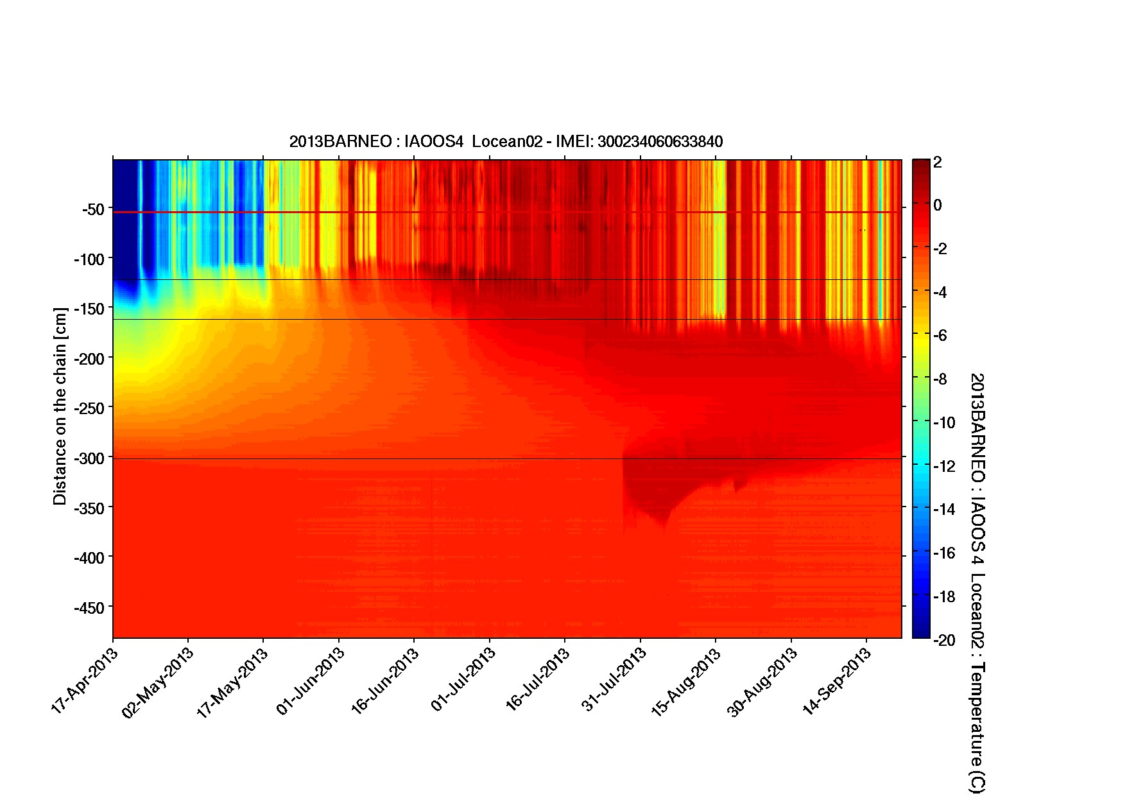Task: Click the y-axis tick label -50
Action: [93, 209]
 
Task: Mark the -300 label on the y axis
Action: [90, 458]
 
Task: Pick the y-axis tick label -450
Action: [90, 608]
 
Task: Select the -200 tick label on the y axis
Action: [90, 359]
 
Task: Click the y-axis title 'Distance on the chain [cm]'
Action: [60, 406]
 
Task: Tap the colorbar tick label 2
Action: [938, 162]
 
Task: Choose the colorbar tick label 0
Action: [938, 205]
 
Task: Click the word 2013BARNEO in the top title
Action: [340, 142]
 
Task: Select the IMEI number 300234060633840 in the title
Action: [660, 142]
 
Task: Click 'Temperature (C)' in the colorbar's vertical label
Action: [977, 728]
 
